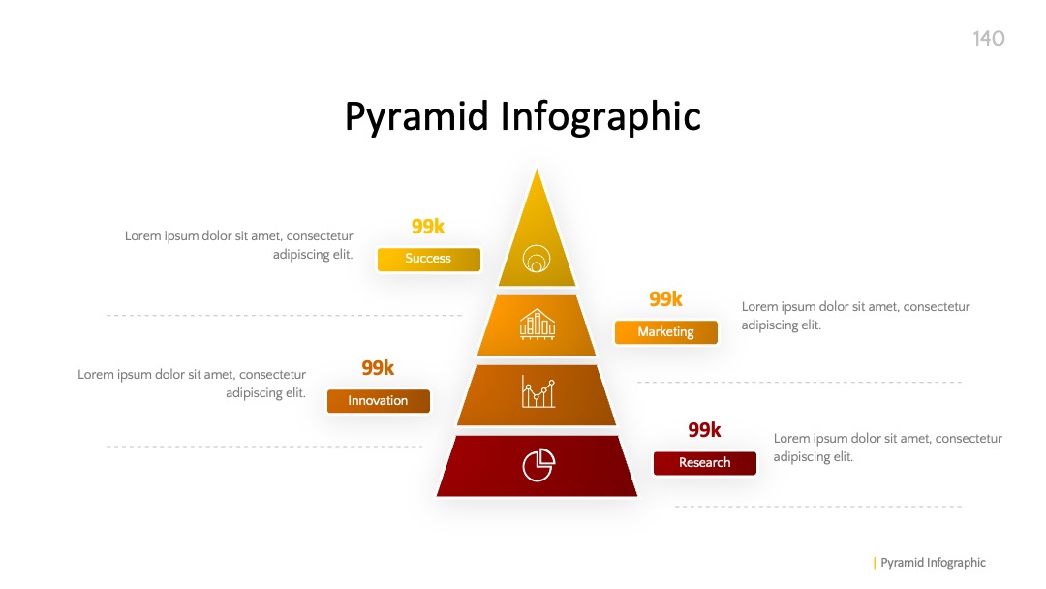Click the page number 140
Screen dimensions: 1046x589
[988, 38]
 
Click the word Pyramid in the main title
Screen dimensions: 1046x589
[416, 117]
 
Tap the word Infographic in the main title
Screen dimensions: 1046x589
[600, 117]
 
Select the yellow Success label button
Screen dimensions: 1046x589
[428, 259]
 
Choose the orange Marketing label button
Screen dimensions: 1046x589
[665, 332]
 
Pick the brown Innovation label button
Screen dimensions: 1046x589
[379, 401]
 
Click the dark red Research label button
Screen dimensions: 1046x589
[704, 463]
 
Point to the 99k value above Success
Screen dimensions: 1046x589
[428, 227]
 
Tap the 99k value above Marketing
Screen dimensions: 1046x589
[665, 299]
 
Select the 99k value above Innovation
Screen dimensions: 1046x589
[378, 368]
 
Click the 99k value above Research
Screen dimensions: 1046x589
[704, 430]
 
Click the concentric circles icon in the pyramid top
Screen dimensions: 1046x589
[537, 258]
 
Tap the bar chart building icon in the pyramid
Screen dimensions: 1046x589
[537, 325]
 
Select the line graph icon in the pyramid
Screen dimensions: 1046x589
[538, 391]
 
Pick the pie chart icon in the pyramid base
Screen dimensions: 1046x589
[538, 464]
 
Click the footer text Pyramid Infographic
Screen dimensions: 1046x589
[933, 563]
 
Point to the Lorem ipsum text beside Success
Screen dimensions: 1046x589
[239, 245]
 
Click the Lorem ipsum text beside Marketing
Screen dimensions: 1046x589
[856, 316]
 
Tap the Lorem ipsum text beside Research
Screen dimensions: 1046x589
[888, 448]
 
